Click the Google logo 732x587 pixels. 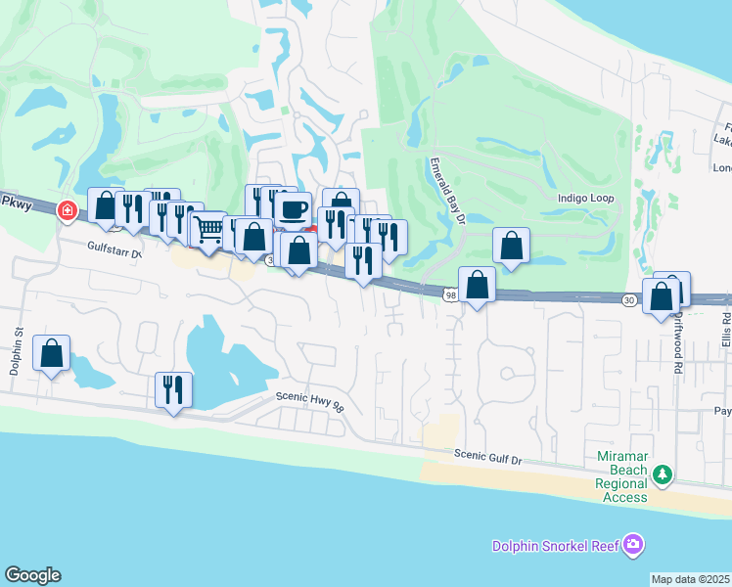(32, 575)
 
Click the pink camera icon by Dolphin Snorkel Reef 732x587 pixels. (633, 543)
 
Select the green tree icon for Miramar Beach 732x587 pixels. (663, 474)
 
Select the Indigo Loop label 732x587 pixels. (585, 199)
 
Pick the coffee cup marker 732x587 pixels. (293, 208)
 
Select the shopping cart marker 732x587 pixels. (207, 229)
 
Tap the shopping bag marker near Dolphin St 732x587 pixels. (52, 352)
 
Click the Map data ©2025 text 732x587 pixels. (691, 579)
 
